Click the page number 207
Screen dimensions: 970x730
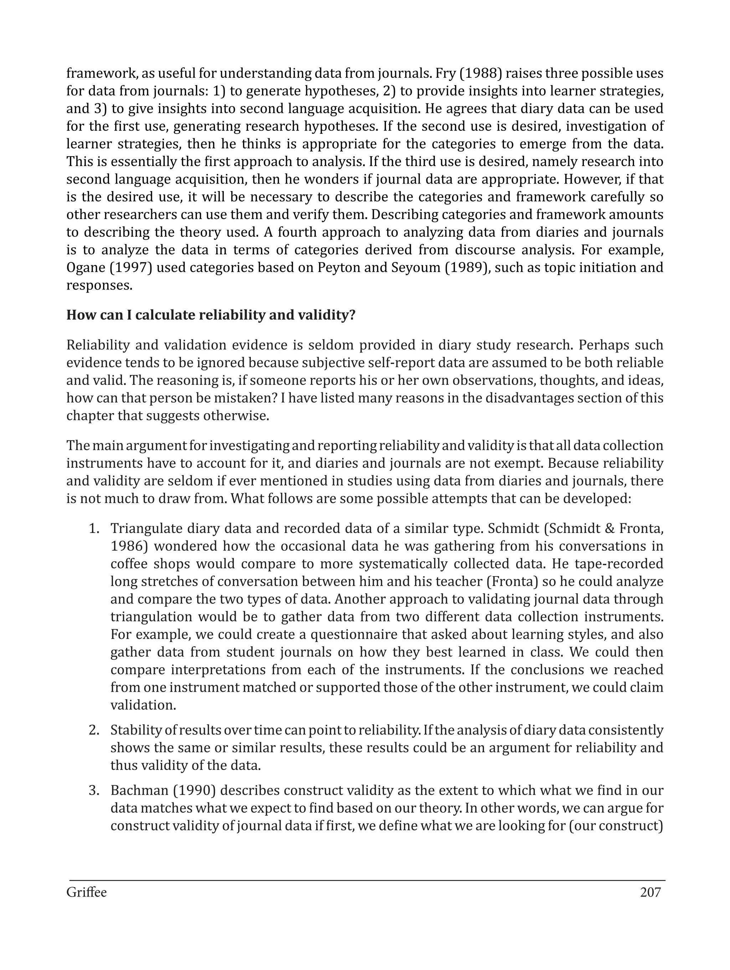(650, 892)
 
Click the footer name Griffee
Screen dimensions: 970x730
(86, 892)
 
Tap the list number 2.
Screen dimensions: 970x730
(94, 730)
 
